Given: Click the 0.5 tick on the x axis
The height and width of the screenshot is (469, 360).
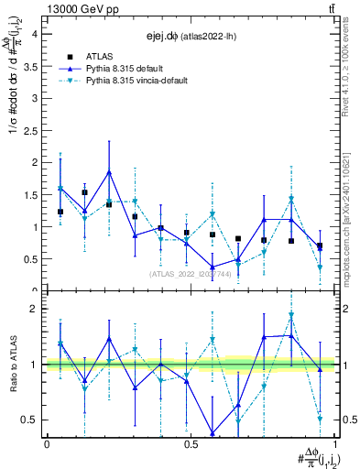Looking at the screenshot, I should (191, 444).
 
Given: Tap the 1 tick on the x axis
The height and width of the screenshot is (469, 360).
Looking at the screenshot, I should (335, 444).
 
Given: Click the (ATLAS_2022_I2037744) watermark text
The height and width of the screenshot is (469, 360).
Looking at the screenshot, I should (191, 273).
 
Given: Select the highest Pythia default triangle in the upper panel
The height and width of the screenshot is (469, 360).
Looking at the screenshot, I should (109, 172).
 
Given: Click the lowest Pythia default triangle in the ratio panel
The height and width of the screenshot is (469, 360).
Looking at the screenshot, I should (213, 433).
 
